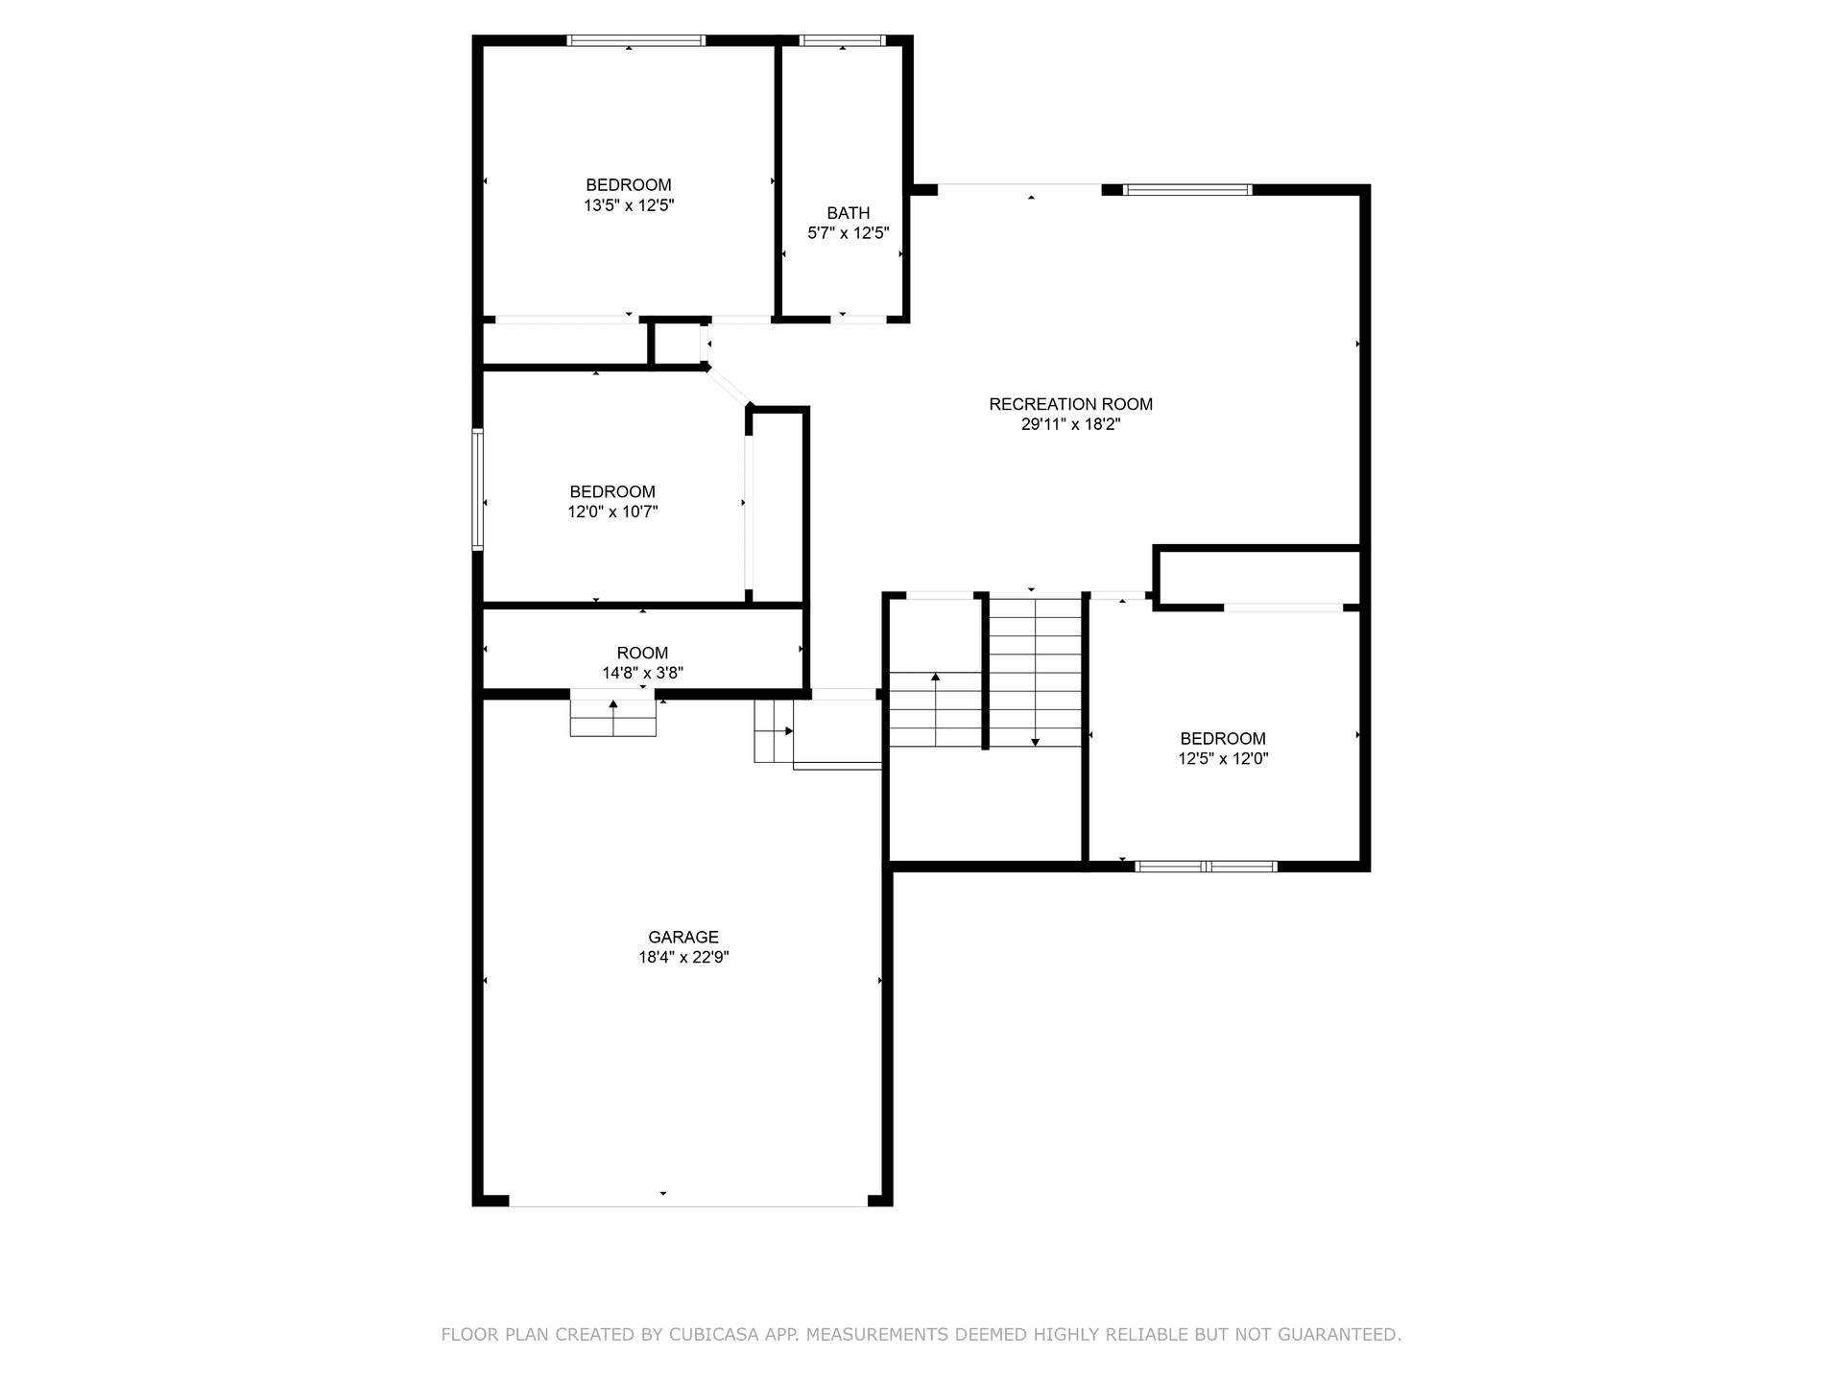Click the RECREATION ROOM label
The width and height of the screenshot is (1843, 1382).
pyautogui.click(x=1070, y=404)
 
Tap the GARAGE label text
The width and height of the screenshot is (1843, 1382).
pyautogui.click(x=683, y=937)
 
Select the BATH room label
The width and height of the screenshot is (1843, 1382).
pyautogui.click(x=849, y=213)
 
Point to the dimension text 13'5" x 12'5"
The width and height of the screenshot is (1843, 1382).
pyautogui.click(x=629, y=205)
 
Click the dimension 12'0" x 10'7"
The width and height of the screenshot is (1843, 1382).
pyautogui.click(x=612, y=512)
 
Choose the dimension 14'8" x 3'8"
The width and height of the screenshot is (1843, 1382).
pyautogui.click(x=642, y=674)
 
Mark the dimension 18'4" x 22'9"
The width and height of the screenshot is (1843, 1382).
pyautogui.click(x=683, y=958)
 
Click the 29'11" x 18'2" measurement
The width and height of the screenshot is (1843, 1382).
pyautogui.click(x=1070, y=424)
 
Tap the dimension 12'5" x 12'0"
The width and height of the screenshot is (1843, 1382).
pyautogui.click(x=1223, y=759)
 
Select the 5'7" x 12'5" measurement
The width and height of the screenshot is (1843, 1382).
pyautogui.click(x=849, y=233)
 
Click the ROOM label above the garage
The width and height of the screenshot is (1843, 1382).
pyautogui.click(x=642, y=653)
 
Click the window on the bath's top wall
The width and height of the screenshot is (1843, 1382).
pyautogui.click(x=842, y=40)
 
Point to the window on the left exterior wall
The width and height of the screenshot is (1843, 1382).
pyautogui.click(x=477, y=489)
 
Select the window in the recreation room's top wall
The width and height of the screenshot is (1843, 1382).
pyautogui.click(x=1187, y=190)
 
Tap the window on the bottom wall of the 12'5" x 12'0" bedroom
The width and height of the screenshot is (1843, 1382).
pyautogui.click(x=1206, y=867)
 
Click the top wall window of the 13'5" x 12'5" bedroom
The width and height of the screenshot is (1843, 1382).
pyautogui.click(x=636, y=40)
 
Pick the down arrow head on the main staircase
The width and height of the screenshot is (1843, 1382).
pyautogui.click(x=1035, y=742)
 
